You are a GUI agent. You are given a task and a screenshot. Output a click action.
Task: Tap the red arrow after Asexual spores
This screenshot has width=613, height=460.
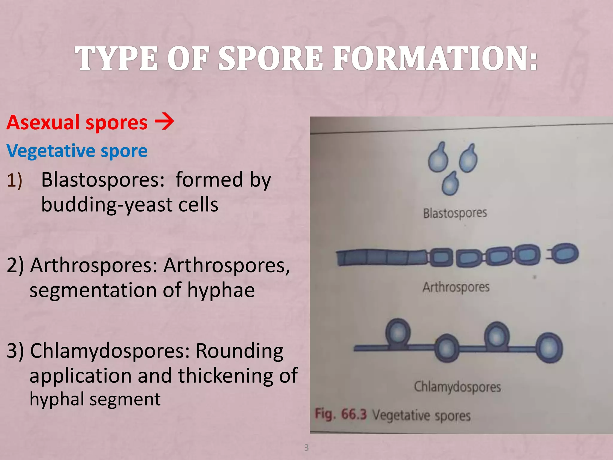click(164, 122)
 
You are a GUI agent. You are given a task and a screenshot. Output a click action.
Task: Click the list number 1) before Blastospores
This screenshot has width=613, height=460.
click(14, 181)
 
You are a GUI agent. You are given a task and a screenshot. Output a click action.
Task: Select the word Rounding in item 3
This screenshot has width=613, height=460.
click(239, 351)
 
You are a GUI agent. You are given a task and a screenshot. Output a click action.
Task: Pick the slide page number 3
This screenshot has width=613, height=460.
click(306, 447)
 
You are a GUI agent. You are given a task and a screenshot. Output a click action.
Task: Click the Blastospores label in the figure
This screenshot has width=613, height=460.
click(455, 213)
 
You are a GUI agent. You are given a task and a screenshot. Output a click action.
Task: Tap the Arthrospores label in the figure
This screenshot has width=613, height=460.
click(456, 287)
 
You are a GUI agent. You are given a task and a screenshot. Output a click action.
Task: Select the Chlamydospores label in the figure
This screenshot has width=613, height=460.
click(457, 387)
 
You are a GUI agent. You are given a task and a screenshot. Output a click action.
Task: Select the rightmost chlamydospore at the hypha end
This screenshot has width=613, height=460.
click(549, 348)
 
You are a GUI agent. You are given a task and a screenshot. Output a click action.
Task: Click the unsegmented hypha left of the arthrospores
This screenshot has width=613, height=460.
click(380, 258)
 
